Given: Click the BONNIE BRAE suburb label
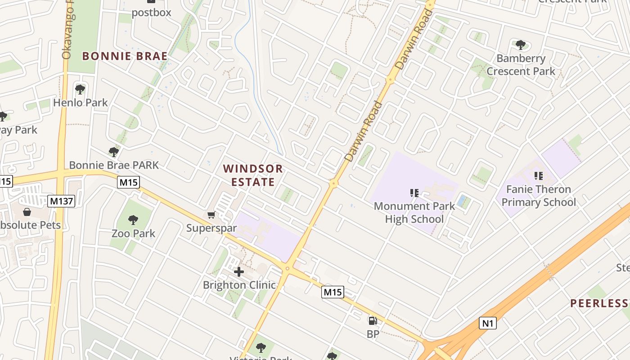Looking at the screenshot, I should [x=125, y=56].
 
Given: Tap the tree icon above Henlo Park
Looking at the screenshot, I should [x=80, y=90].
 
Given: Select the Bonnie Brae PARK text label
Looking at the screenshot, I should [x=114, y=165].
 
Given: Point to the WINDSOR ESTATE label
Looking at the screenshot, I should [x=253, y=175].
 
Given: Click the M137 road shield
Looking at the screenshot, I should [x=61, y=201].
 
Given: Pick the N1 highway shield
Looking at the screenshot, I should [x=487, y=323].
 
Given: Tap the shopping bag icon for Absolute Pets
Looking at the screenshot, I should [x=27, y=212].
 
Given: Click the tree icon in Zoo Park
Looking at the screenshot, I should [x=133, y=220].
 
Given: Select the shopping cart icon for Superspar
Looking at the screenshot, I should [x=211, y=215].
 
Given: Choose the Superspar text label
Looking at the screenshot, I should [x=211, y=228].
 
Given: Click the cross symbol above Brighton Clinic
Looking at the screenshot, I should [x=239, y=271].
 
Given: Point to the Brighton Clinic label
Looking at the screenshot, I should [x=239, y=285].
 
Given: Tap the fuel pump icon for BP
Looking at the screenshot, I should [x=373, y=321].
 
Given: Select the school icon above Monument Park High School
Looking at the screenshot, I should [x=414, y=193].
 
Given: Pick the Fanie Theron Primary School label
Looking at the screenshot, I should [x=538, y=196].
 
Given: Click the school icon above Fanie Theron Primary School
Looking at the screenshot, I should [x=538, y=175].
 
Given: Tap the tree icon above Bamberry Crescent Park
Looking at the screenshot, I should [x=521, y=45].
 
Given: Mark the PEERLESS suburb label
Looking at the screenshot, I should [x=599, y=303].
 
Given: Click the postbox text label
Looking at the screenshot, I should [x=151, y=12].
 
